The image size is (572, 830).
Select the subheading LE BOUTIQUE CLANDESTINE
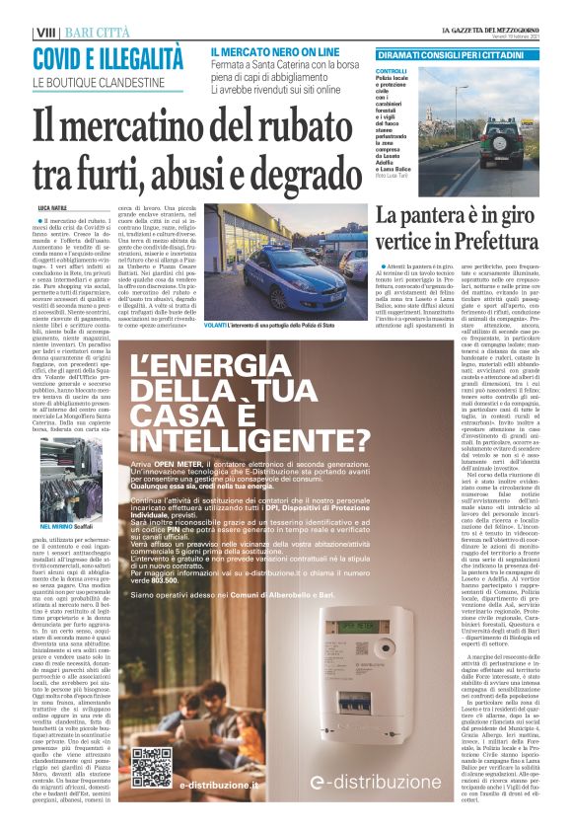[x=99, y=82]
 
